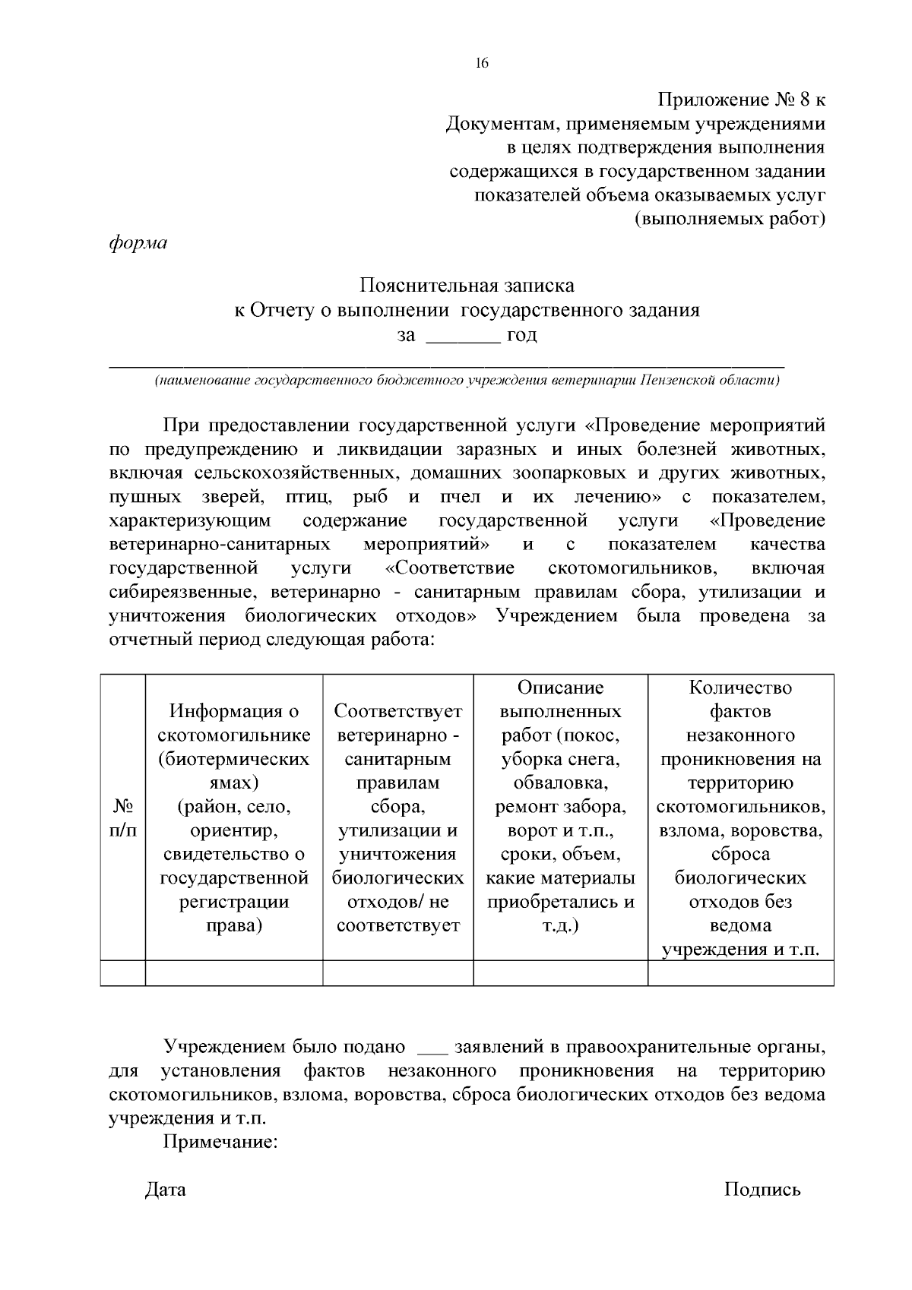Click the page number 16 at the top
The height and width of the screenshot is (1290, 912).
pyautogui.click(x=481, y=64)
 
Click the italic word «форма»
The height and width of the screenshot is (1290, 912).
pyautogui.click(x=138, y=244)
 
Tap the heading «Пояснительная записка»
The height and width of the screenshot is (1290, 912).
pyautogui.click(x=467, y=286)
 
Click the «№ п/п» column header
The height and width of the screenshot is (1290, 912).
pyautogui.click(x=123, y=817)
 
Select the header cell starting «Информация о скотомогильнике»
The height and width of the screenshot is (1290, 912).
pyautogui.click(x=234, y=817)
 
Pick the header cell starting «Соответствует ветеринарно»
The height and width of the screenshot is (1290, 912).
pyautogui.click(x=397, y=817)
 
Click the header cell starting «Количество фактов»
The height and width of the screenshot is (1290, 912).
pyautogui.click(x=740, y=817)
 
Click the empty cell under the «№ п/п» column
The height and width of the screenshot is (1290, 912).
pyautogui.click(x=123, y=973)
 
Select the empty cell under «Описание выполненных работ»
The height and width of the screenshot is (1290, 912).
pyautogui.click(x=560, y=973)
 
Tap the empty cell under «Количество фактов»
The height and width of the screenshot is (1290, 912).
pyautogui.click(x=740, y=973)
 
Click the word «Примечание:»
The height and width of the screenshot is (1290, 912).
pyautogui.click(x=220, y=1142)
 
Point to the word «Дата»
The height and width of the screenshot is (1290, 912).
pyautogui.click(x=165, y=1190)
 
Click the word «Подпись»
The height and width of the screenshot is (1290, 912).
pyautogui.click(x=762, y=1190)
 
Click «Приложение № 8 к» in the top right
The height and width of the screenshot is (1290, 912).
pyautogui.click(x=740, y=100)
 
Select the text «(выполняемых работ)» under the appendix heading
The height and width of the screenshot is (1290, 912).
pyautogui.click(x=729, y=220)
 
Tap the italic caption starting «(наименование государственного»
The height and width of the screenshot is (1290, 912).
pyautogui.click(x=467, y=381)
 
